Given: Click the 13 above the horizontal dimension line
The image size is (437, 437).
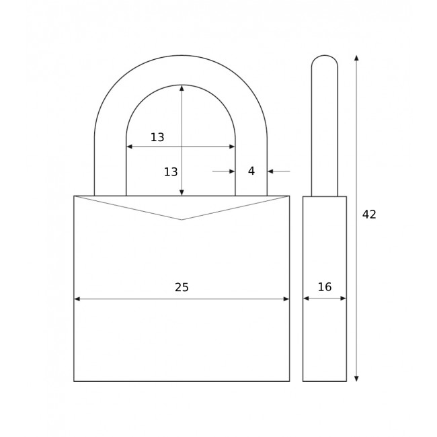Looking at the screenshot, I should (157, 138).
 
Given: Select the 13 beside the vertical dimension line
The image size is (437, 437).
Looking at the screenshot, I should (171, 172).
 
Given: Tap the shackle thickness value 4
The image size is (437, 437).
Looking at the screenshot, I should (251, 171).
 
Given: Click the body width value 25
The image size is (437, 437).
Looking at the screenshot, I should (182, 288).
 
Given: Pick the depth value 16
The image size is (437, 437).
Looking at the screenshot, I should (325, 287).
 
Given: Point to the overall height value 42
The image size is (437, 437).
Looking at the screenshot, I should (369, 214).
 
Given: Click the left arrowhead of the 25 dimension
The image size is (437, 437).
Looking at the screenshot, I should (77, 299).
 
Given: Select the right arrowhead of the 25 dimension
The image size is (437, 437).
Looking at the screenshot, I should (286, 299).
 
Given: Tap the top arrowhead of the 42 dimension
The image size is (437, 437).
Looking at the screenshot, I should (356, 58).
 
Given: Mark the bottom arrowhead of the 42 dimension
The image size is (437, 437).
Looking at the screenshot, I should (356, 379).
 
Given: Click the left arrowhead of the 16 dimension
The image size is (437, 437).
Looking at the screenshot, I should (306, 299).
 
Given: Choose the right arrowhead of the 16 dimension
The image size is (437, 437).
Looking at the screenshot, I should (343, 299).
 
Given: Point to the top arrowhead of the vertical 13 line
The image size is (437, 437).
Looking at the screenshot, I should (182, 88).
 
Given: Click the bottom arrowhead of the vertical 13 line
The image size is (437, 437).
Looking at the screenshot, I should (182, 192).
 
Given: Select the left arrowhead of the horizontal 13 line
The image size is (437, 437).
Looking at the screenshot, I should (130, 147).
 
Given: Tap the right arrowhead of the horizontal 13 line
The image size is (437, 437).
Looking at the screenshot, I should (232, 147).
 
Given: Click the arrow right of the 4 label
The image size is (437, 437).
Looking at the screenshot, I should (271, 171).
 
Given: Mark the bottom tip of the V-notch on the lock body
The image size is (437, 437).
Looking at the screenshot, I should (182, 219).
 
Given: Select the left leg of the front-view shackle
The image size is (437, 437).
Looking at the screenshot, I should (110, 168).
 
